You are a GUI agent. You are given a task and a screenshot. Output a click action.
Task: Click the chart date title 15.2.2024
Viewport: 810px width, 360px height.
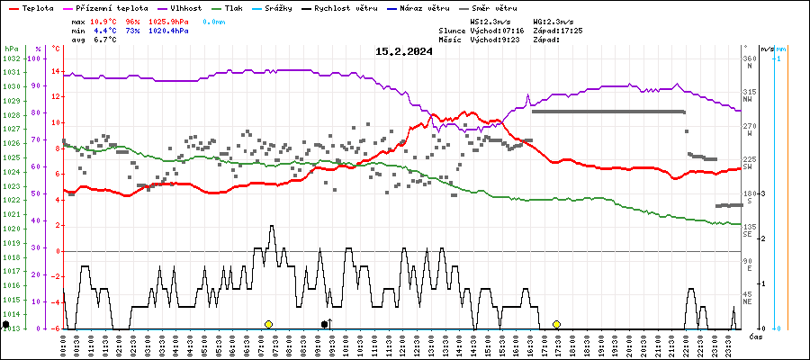pos(404,51)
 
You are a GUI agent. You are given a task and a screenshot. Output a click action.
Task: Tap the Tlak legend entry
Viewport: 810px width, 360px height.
pos(233,7)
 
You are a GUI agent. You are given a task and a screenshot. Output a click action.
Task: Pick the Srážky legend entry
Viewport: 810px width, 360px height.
pos(283,7)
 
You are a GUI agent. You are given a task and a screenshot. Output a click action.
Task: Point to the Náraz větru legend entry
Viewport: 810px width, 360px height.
pos(426,7)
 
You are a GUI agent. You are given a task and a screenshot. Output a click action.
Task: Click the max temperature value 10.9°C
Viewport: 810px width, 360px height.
pos(103,20)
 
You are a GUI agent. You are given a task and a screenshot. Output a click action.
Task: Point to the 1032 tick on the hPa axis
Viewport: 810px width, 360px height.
pos(12,58)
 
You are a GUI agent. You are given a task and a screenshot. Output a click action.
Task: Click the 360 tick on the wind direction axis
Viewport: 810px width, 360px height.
pos(749,58)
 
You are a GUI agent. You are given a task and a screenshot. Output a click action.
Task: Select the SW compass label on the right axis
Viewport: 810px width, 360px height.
pos(748,166)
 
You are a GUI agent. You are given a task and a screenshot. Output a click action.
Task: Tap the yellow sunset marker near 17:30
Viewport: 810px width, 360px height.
pos(557,324)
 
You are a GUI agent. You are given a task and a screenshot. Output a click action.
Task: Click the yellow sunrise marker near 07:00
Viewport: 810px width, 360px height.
pos(268,324)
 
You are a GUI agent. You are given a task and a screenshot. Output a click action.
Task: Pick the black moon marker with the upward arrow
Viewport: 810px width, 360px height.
pos(326,324)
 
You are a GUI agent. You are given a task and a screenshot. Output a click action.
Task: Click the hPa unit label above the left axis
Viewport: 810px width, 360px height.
pos(11,49)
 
